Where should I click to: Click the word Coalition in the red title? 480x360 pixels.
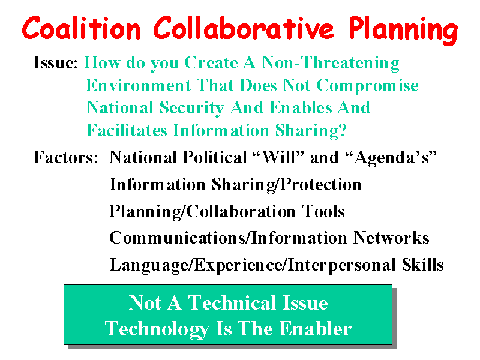coord(82,28)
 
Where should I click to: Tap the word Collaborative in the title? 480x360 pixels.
coord(244,28)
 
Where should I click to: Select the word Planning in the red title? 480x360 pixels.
coord(403,30)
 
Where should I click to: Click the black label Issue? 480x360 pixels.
coord(55,62)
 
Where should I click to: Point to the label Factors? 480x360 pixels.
coord(66,157)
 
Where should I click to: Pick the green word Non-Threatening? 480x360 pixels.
coord(331,63)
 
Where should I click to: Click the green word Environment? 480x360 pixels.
coord(139,85)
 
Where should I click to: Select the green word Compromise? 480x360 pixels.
coord(367,86)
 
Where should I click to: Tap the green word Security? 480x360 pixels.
coord(192,108)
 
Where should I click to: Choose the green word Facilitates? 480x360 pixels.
coord(127,130)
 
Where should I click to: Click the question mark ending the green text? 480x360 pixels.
coord(343,130)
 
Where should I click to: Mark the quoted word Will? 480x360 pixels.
coord(279,157)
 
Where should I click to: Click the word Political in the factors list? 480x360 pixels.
coord(215,157)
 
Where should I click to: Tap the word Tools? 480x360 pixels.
coord(323,211)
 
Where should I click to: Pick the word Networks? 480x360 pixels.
coord(391,238)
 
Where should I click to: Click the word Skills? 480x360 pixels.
coord(423,265)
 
